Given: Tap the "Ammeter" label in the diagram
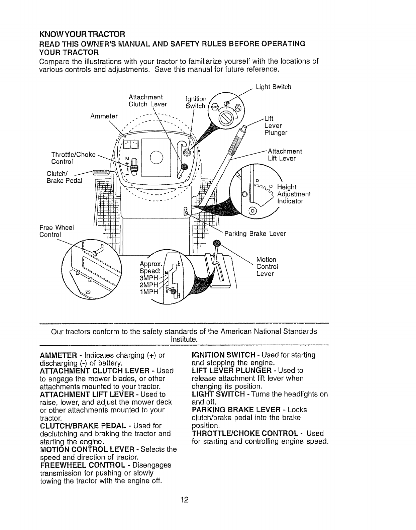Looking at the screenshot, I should coord(104,116).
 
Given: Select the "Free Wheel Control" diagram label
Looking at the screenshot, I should coord(57,231).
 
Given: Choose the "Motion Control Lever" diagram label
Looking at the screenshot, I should coord(267,267).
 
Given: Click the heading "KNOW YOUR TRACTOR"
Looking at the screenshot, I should coord(82,34).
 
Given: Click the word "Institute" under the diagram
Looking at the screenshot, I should coord(184,340).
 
